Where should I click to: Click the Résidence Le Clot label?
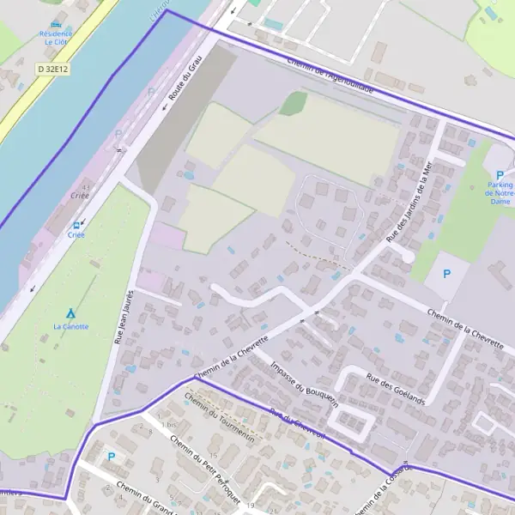56,37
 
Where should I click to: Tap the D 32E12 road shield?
53,68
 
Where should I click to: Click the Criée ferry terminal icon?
76,224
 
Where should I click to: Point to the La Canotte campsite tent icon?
70,314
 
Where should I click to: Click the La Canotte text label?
70,326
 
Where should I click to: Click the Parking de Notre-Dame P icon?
500,175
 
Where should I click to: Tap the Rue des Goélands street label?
397,388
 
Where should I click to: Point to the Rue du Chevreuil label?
298,424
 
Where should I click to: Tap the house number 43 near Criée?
85,186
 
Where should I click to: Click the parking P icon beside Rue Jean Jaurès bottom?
110,457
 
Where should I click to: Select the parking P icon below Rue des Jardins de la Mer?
445,274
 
